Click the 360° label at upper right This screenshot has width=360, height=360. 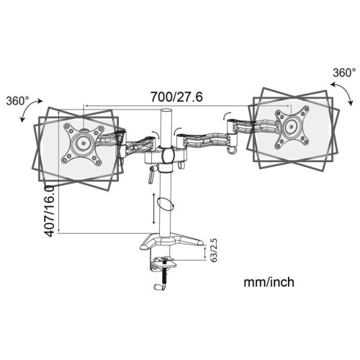(343, 73)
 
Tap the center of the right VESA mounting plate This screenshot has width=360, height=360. (292, 126)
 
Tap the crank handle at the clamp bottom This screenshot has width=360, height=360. (160, 287)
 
